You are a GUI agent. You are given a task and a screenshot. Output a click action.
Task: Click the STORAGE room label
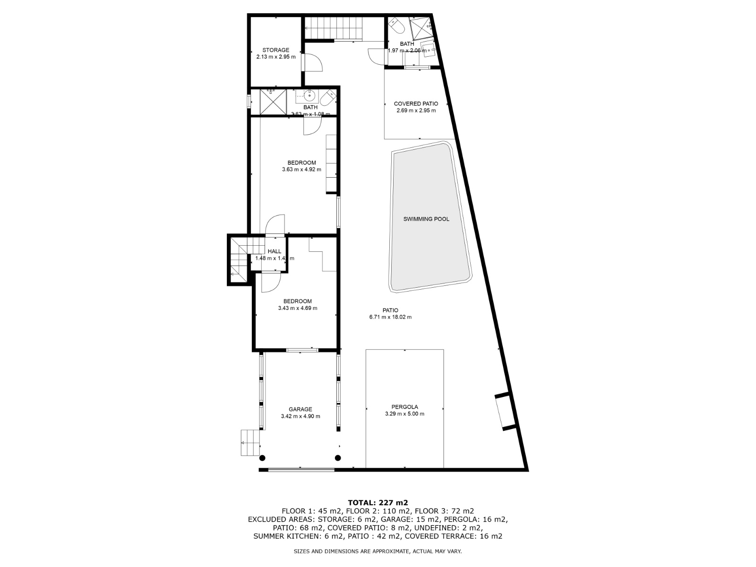point(275,50)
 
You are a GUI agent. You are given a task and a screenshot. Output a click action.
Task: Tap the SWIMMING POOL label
point(426,219)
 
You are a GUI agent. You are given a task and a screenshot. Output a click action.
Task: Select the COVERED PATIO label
point(416,104)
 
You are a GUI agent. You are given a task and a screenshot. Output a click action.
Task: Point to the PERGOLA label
point(404,407)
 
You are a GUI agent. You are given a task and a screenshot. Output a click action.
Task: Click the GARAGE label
point(301,410)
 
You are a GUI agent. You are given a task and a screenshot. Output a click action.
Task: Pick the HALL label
point(275,251)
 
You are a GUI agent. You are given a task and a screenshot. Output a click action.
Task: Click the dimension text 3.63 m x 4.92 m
point(301,170)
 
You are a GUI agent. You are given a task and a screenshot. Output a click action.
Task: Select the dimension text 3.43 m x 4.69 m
point(298,308)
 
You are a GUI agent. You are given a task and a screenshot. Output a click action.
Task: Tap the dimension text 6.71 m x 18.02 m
point(390,317)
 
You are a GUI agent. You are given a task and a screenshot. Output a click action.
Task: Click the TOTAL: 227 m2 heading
point(378,502)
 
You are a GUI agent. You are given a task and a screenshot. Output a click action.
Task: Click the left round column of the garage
point(262,457)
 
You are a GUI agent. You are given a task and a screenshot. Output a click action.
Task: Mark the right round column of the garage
point(338,457)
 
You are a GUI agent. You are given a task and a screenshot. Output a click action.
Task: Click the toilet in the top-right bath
point(396,26)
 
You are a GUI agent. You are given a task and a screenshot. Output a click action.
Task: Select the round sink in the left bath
point(309,96)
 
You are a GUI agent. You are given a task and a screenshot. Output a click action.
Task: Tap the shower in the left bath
point(274,101)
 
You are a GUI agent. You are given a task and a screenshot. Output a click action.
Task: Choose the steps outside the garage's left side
point(250,443)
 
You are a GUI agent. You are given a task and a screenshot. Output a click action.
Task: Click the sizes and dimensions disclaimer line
point(378,551)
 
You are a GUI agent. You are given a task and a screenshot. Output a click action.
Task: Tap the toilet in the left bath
point(327,99)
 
